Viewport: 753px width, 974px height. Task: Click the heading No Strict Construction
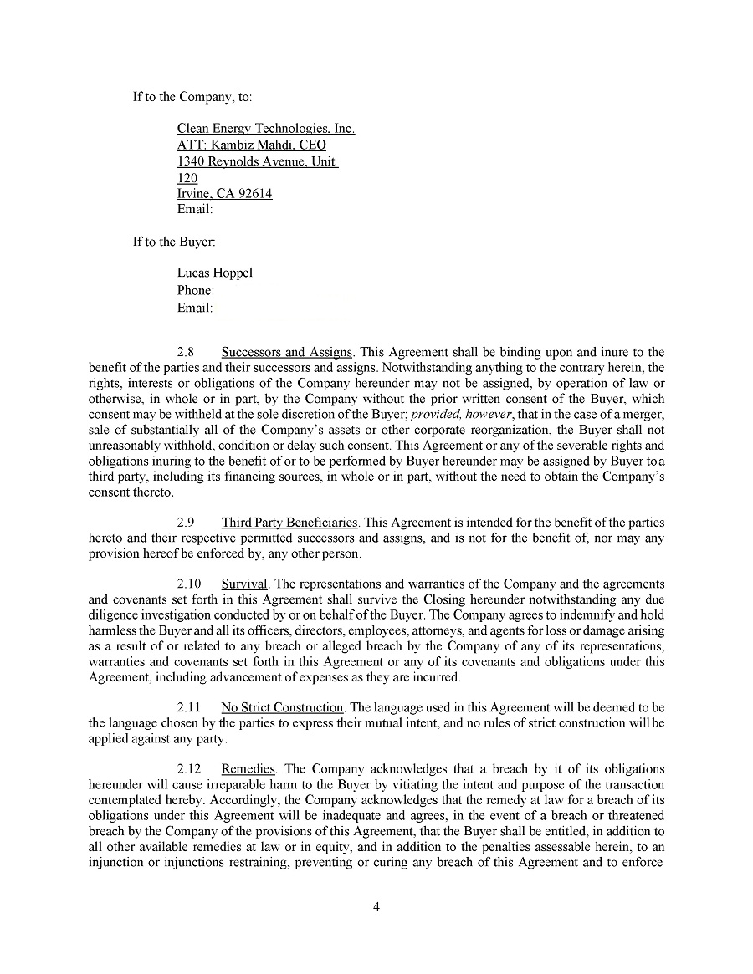pos(282,707)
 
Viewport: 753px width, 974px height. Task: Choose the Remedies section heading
pos(248,769)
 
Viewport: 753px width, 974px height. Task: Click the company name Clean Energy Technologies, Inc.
pos(266,129)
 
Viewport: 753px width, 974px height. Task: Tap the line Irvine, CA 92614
pos(224,193)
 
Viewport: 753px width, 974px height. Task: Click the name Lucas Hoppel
pos(214,273)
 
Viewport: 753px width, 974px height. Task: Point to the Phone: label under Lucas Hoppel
pos(196,290)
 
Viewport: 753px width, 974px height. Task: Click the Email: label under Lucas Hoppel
pos(195,308)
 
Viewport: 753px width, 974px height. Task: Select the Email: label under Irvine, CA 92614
pos(195,209)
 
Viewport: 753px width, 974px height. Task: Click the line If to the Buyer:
pos(174,242)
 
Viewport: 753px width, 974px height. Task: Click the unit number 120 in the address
pos(187,177)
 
